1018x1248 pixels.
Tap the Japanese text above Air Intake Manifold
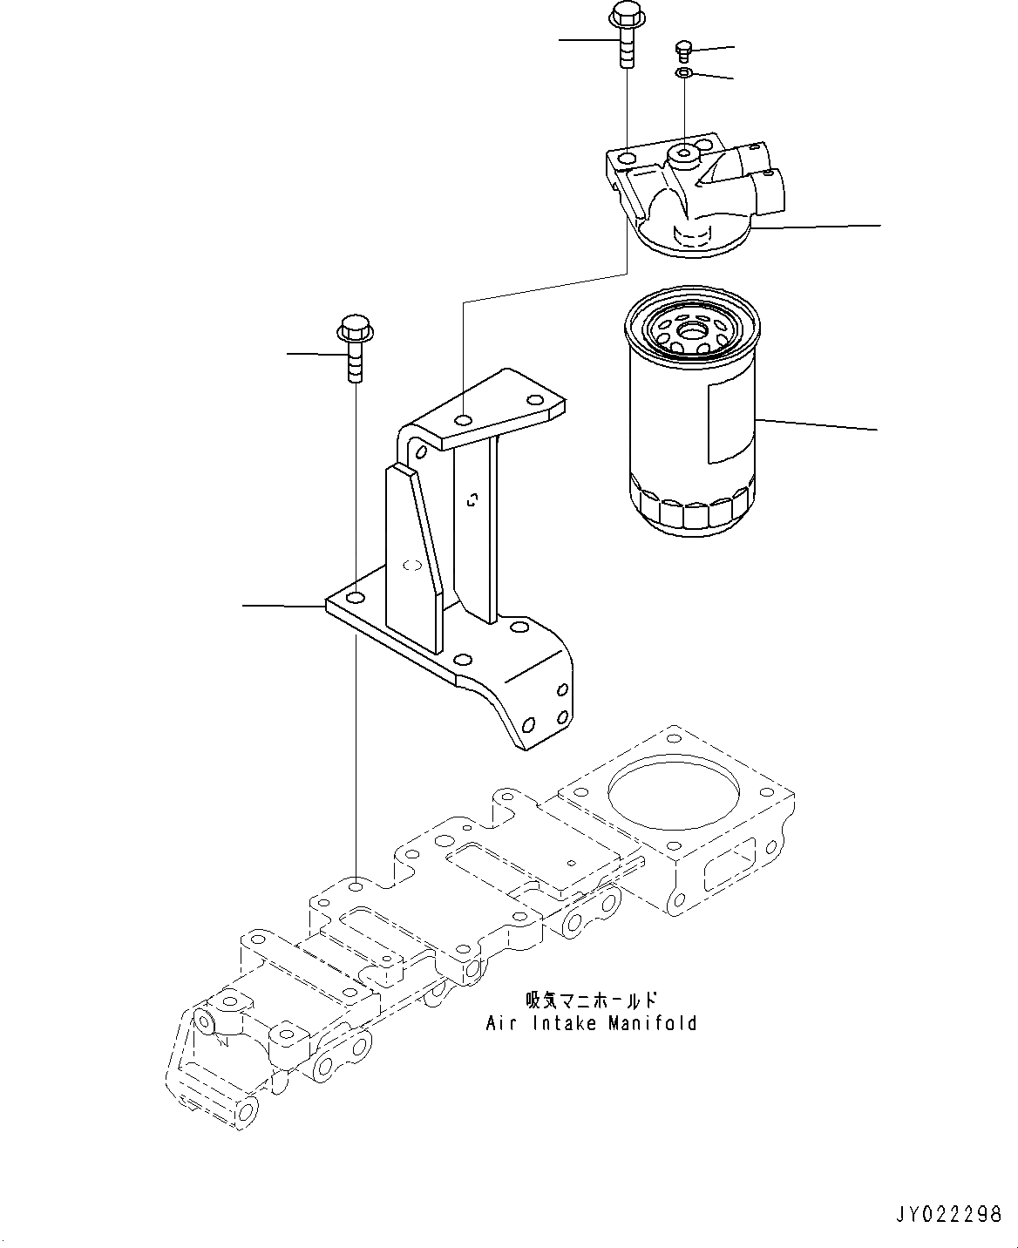591,1000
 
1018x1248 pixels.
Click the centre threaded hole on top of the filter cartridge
694,330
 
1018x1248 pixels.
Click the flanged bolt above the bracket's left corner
354,349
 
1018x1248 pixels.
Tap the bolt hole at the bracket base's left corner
355,598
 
